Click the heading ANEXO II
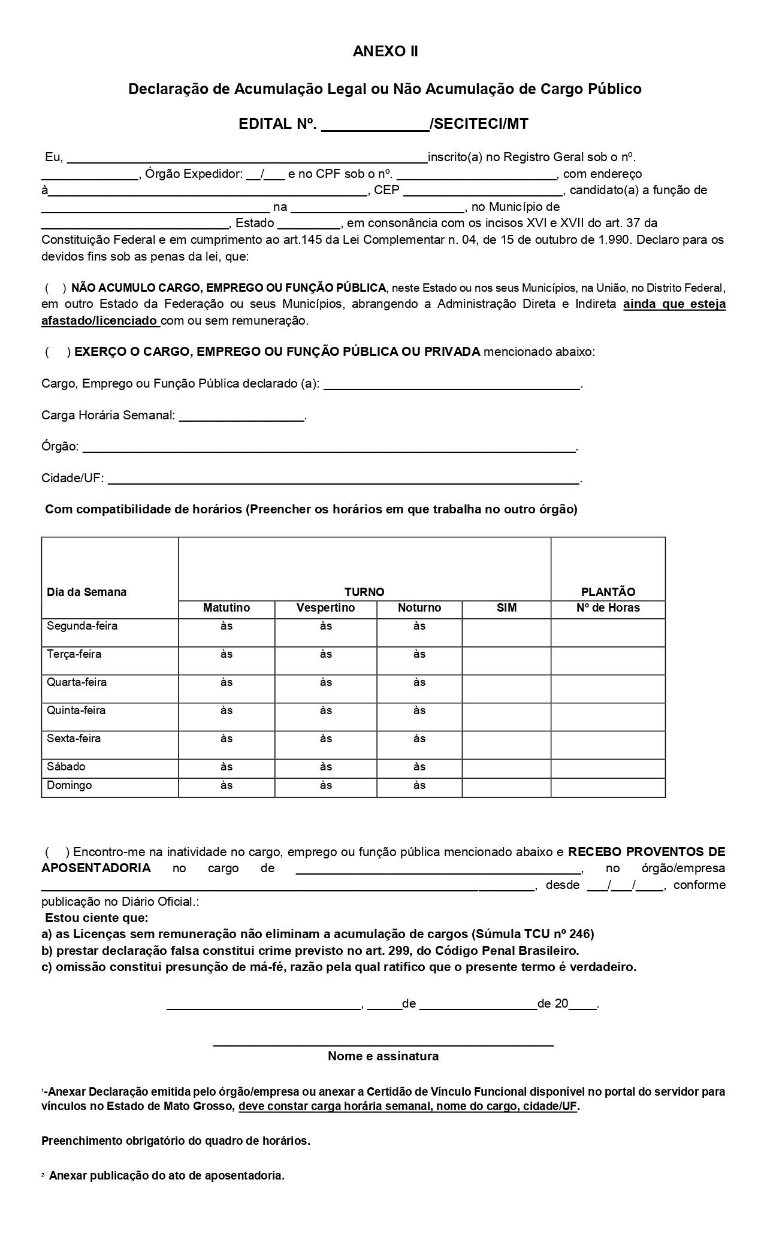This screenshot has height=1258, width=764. (385, 52)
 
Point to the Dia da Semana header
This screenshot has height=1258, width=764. (87, 592)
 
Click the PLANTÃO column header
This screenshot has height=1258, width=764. (608, 592)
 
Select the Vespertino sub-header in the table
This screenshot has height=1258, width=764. (325, 608)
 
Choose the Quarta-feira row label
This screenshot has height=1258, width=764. (71, 682)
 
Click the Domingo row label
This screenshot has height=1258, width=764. (70, 785)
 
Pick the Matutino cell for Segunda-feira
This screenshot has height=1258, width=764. (227, 627)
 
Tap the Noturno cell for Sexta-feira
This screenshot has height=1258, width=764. (419, 739)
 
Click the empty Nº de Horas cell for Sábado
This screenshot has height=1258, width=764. (608, 768)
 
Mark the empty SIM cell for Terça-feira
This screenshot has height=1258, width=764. (506, 660)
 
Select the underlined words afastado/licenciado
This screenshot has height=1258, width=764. (100, 320)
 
